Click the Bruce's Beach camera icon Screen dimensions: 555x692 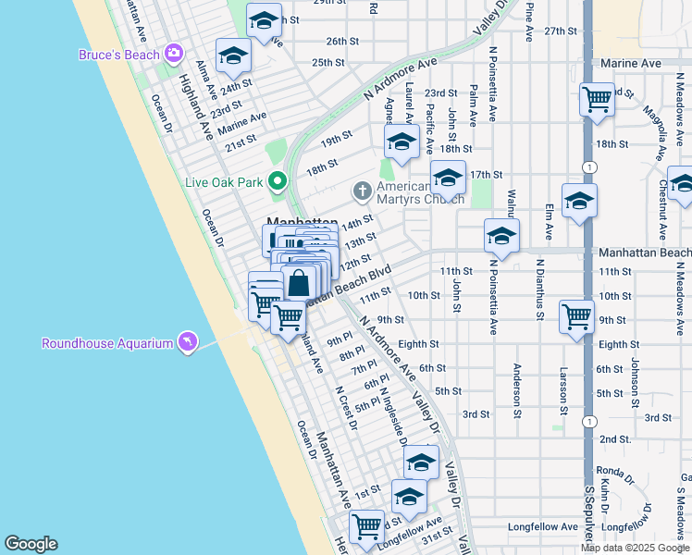point(174,54)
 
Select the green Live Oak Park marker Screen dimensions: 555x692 point(276,180)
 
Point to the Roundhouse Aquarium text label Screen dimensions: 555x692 point(107,344)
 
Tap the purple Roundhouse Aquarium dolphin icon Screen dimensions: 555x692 point(189,343)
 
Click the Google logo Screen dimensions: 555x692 point(31,544)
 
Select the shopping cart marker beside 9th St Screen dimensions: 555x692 point(576,316)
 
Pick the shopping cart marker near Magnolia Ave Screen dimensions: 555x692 point(597,99)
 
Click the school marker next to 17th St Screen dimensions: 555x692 point(448,177)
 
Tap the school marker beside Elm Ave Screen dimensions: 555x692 point(579,201)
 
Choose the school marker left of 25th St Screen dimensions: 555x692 point(233,56)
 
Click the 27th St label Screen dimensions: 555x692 point(561,31)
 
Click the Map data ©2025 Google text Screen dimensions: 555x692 point(634,547)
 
